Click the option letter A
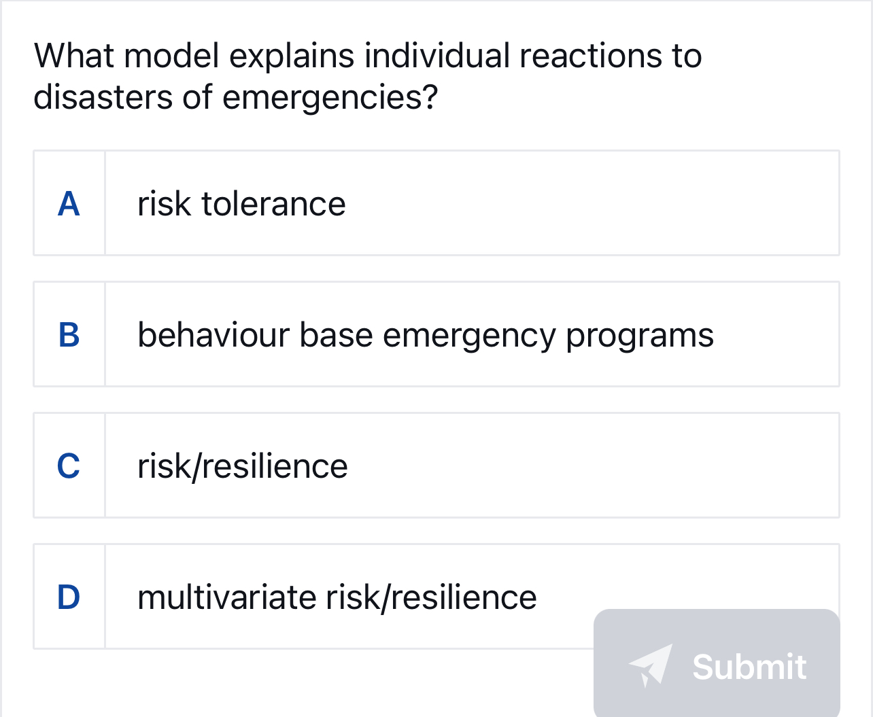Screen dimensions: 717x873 click(69, 204)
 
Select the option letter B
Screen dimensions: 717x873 click(69, 335)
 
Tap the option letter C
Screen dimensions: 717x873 click(69, 466)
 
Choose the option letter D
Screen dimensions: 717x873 click(69, 597)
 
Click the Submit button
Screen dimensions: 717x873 click(717, 664)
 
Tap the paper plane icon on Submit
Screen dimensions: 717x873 click(651, 665)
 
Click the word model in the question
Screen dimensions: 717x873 click(172, 56)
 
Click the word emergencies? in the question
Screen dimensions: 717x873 click(330, 97)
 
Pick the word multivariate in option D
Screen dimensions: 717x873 click(226, 597)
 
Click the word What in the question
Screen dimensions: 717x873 click(75, 56)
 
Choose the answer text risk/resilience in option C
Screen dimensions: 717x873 click(242, 466)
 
